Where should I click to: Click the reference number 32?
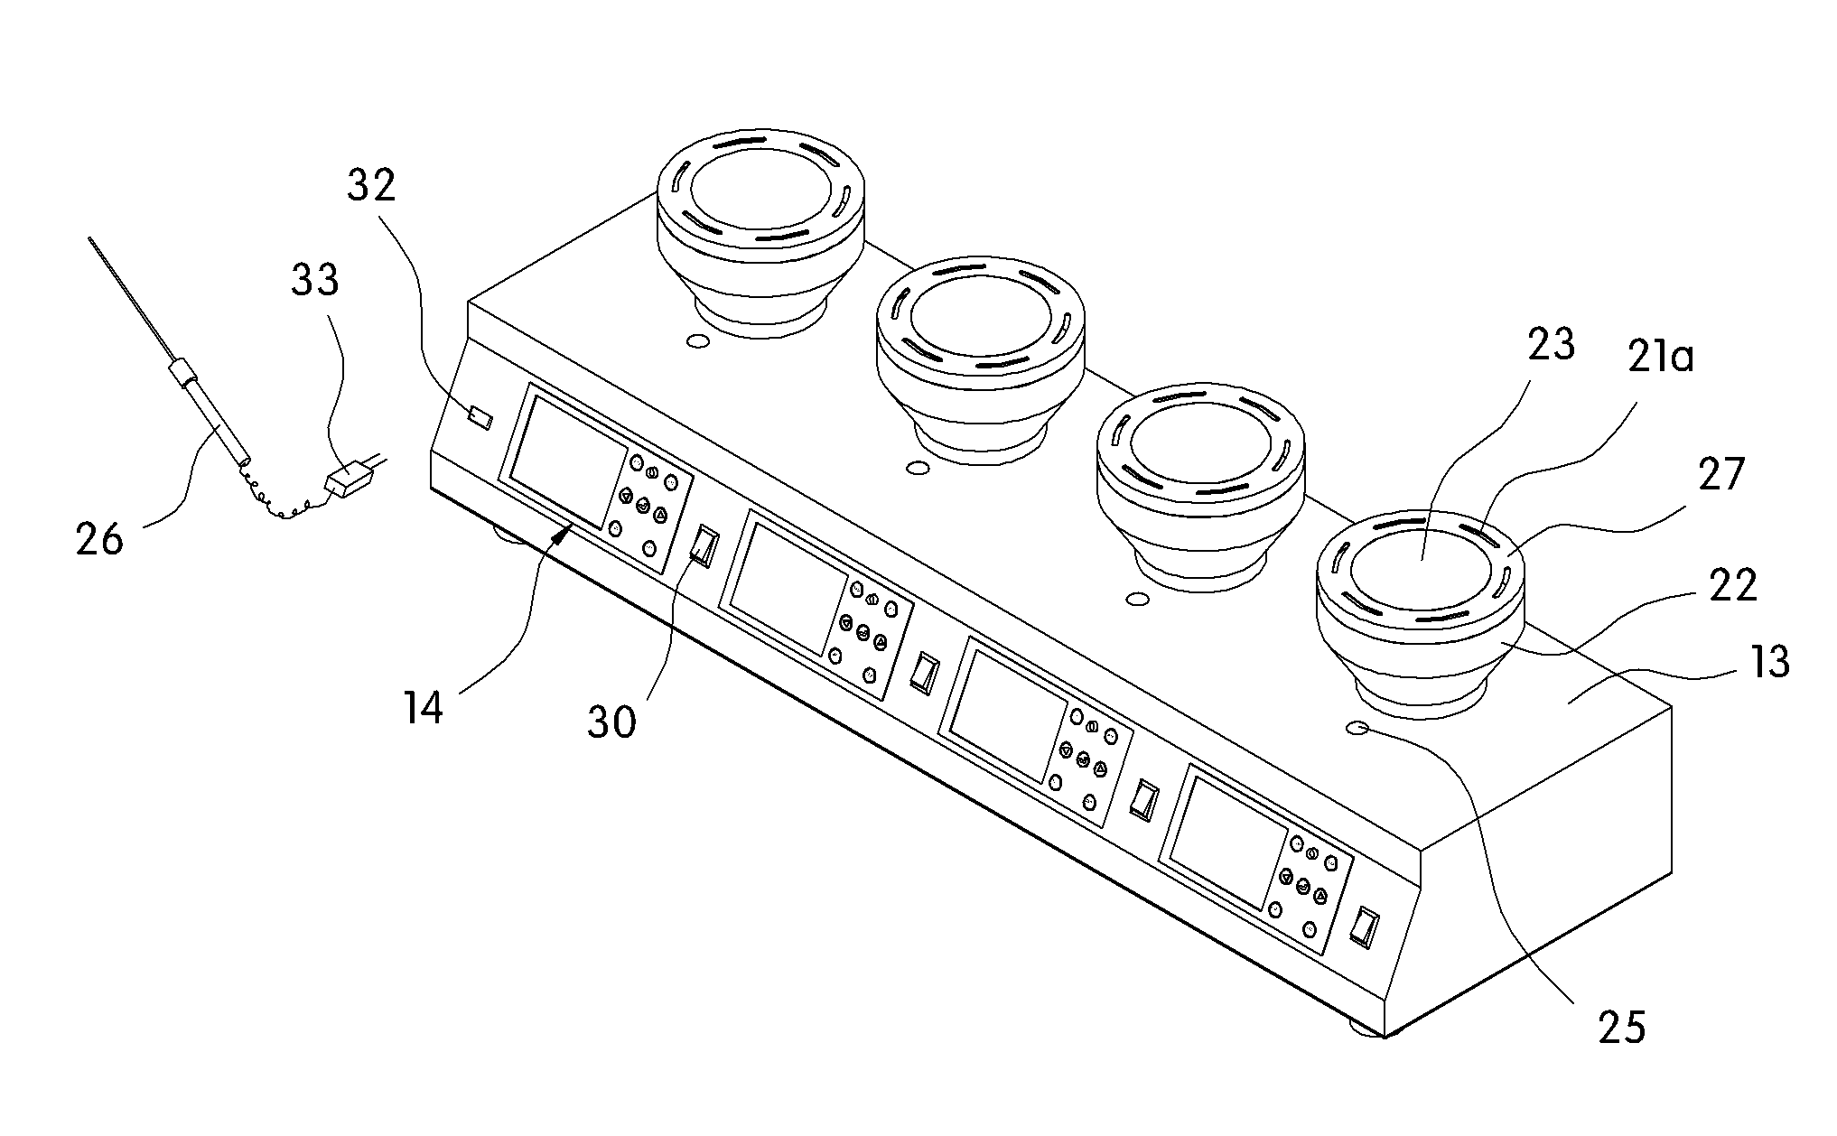click(x=372, y=186)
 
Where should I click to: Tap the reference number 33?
click(x=314, y=280)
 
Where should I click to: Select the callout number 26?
click(x=99, y=540)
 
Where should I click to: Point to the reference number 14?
click(x=423, y=707)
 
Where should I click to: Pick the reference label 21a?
click(x=1660, y=358)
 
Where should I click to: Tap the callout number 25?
click(x=1622, y=1028)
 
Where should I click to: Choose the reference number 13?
click(x=1767, y=662)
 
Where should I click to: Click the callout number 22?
click(x=1732, y=585)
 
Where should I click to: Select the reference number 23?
click(x=1551, y=346)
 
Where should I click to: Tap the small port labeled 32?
click(x=480, y=418)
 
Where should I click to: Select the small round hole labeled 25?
click(x=1359, y=728)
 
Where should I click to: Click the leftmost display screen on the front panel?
click(x=569, y=460)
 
